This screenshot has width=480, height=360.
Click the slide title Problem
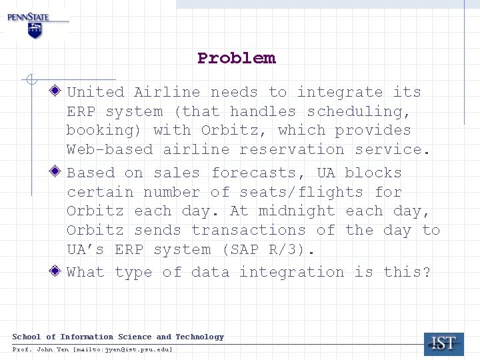coord(236,58)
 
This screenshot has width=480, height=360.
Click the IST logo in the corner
coord(443,343)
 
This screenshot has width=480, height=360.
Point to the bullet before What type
coord(58,271)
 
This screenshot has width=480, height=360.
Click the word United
coord(95,92)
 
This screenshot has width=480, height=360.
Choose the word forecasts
coord(258,173)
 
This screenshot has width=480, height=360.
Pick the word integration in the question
coord(292,272)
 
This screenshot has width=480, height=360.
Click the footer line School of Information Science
coord(118,337)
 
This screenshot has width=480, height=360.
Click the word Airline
coord(167,92)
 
